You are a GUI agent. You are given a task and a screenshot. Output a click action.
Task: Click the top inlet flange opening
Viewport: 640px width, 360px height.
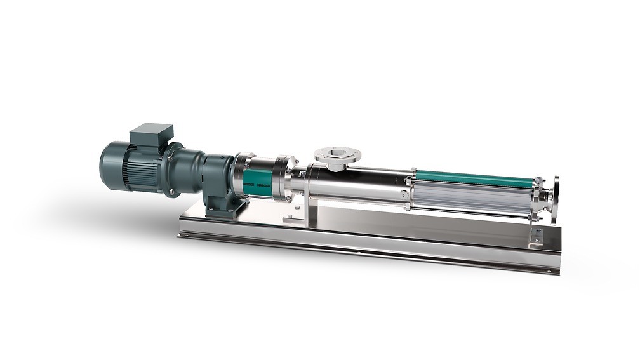337,153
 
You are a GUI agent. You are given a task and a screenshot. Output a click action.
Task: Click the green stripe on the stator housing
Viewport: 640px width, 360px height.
473,180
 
